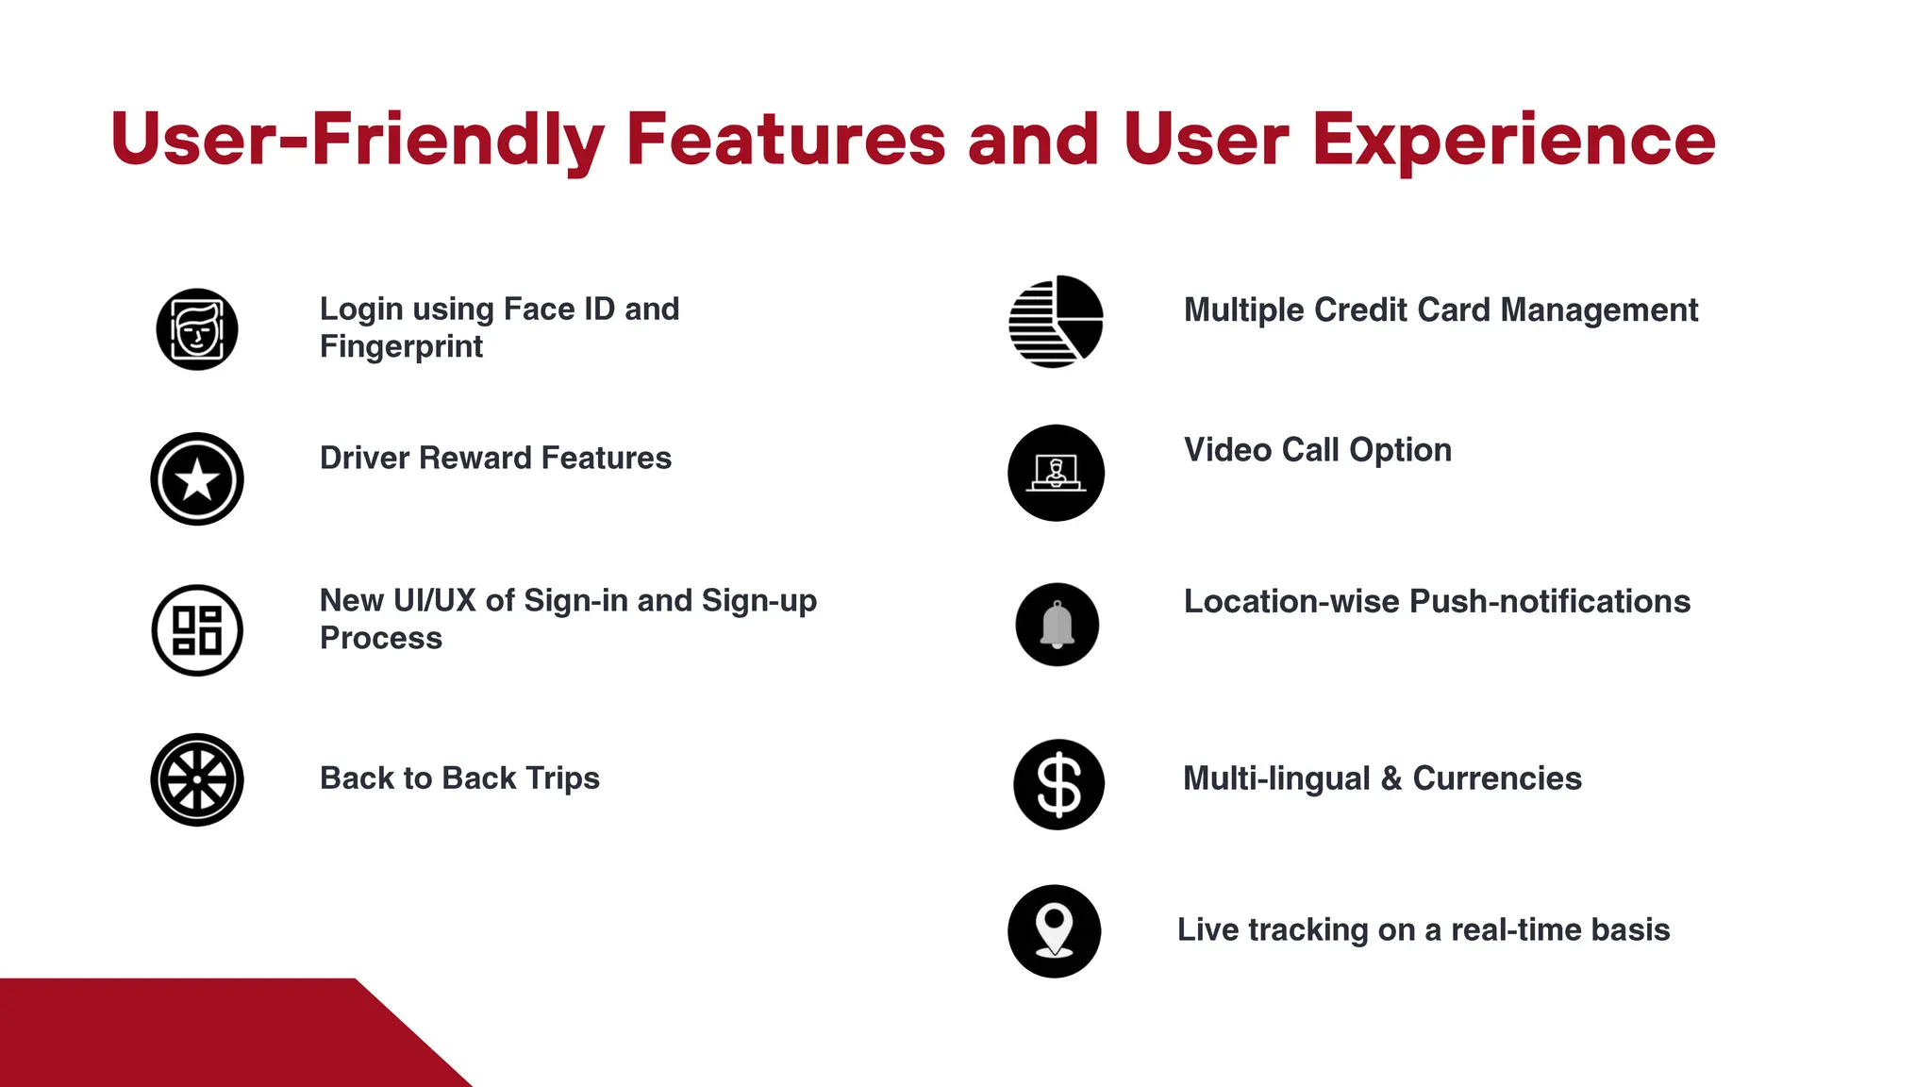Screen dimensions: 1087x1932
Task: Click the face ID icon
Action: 197,329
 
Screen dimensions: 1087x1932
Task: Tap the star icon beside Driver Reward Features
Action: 197,479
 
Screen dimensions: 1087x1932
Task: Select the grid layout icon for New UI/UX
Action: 197,630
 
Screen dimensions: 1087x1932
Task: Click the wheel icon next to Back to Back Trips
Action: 197,780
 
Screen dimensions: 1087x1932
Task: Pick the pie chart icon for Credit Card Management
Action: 1056,322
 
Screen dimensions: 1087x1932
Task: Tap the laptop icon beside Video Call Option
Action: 1056,473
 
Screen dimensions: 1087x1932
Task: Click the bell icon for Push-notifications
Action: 1057,625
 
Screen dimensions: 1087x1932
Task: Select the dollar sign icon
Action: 1058,784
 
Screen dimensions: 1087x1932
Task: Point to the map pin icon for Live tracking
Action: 1055,931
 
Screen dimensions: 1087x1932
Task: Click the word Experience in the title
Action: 1513,140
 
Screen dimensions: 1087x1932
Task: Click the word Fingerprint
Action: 401,346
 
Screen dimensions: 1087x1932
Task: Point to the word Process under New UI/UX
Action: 381,638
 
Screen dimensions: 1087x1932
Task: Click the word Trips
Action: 562,778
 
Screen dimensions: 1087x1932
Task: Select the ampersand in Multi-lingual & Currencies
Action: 1391,778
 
